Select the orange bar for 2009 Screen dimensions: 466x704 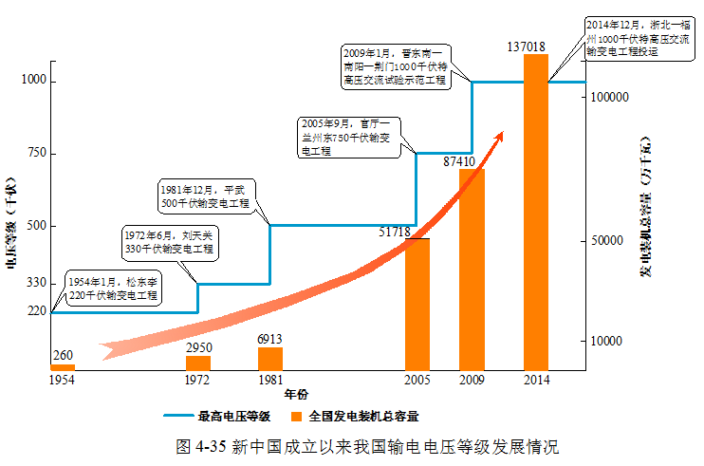(472, 270)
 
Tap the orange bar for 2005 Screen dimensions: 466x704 (417, 304)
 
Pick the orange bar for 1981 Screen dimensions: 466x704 (270, 359)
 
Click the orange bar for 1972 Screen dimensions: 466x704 (198, 363)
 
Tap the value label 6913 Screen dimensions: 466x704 (270, 339)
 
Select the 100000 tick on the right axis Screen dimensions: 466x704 (610, 98)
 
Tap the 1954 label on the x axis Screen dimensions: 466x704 (62, 380)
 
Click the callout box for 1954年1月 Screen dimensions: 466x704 (112, 289)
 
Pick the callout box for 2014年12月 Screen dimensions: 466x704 (638, 38)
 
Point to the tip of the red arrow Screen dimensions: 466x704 (503, 133)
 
